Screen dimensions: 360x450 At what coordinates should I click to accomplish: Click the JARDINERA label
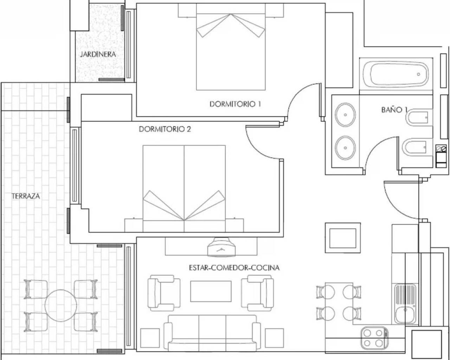click(97, 54)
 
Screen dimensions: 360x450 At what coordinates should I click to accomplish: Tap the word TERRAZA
click(26, 196)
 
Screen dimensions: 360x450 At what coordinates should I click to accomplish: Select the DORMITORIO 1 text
click(235, 104)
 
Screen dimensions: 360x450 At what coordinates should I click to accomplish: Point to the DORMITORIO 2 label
click(165, 129)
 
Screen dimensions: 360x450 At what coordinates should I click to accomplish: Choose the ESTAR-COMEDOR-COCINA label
click(234, 268)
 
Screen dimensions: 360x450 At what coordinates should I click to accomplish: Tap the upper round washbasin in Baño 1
click(346, 115)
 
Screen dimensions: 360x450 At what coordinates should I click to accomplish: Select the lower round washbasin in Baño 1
click(346, 148)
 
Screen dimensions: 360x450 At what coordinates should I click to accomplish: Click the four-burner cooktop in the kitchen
click(374, 337)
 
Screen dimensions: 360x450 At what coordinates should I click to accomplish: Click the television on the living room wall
click(221, 247)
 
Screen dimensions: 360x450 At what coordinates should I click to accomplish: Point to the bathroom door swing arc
click(378, 149)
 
